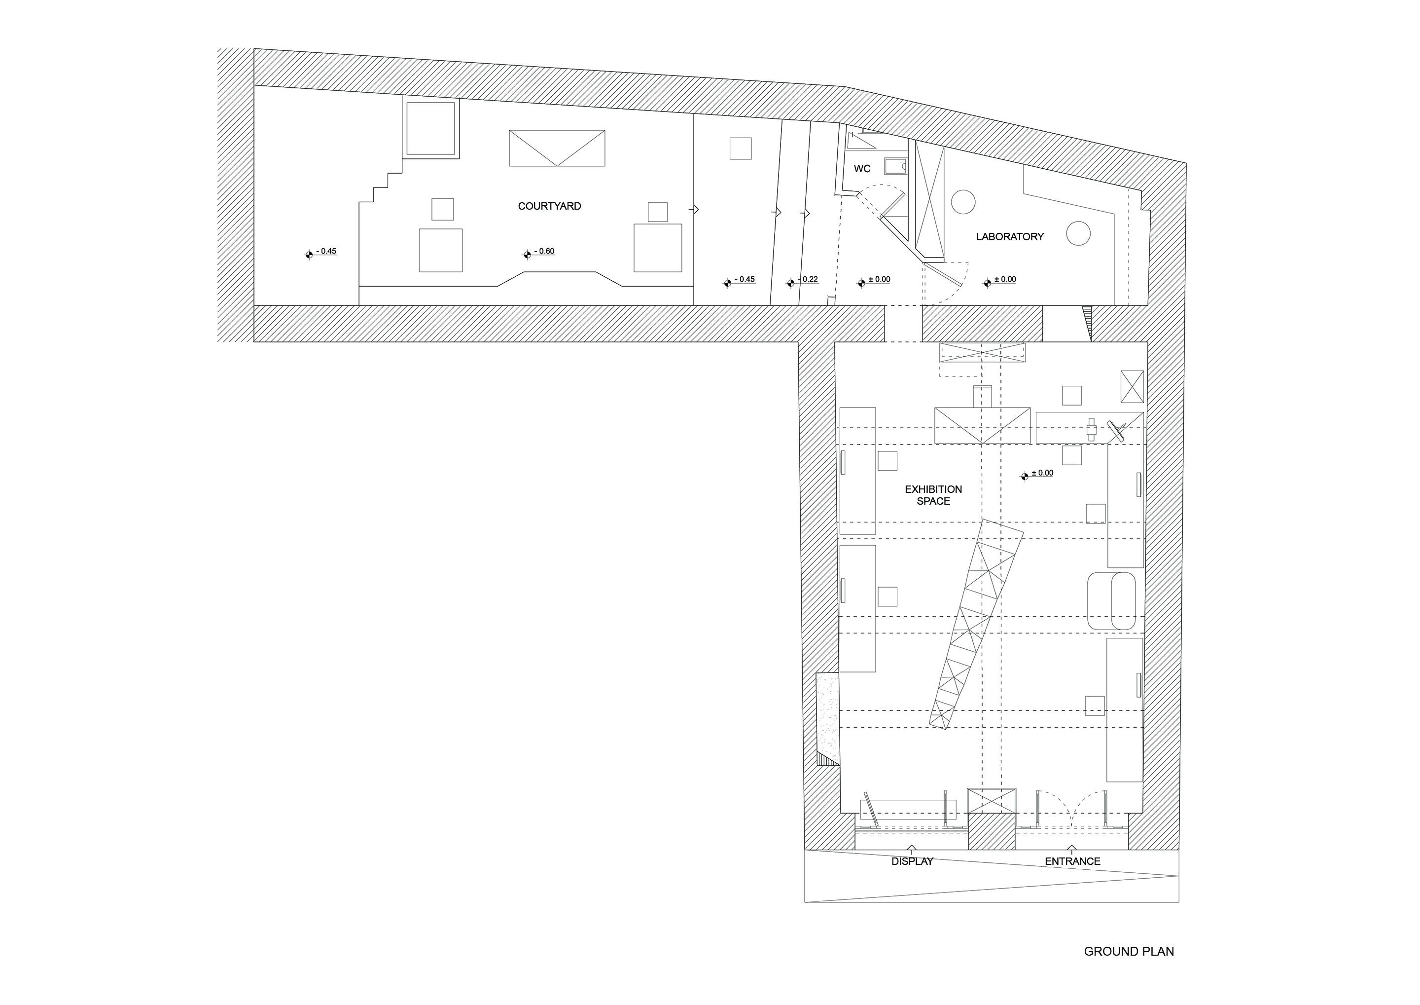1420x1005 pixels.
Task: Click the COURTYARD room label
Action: pos(549,206)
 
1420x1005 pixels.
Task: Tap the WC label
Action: pos(862,169)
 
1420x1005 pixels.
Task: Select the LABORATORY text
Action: pos(1009,236)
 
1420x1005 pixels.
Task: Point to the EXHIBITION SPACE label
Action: pos(933,495)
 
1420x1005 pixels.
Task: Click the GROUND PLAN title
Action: pos(1129,951)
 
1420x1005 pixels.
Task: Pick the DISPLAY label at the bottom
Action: pos(912,861)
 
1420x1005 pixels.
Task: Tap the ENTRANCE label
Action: pos(1072,861)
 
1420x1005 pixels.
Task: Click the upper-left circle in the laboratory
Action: pos(963,202)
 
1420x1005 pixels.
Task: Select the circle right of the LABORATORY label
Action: pos(1078,233)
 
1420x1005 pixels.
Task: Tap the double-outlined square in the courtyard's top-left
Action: pos(431,129)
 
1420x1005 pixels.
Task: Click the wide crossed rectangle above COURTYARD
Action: pos(557,148)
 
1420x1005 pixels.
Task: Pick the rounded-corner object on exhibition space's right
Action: pos(1111,601)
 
